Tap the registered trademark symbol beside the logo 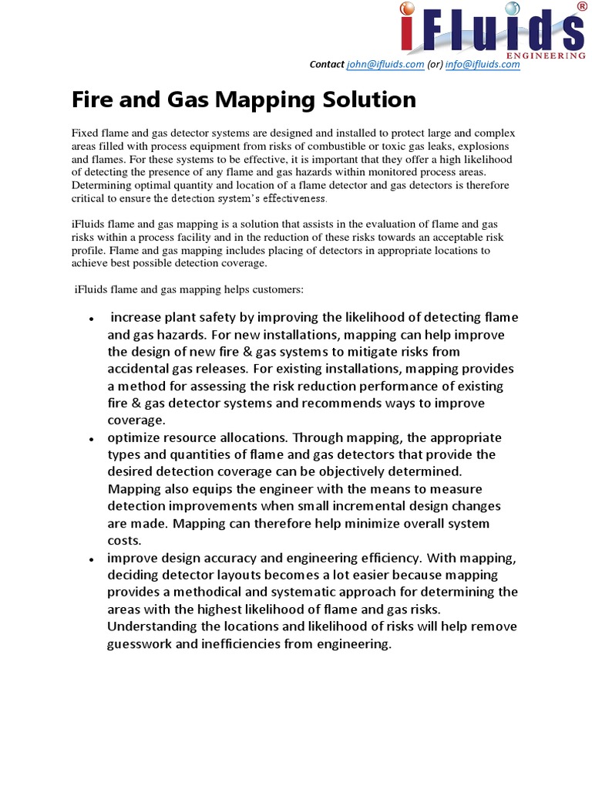(x=580, y=7)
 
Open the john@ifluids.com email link (x=385, y=65)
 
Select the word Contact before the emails (x=328, y=65)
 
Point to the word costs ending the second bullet (x=124, y=539)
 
